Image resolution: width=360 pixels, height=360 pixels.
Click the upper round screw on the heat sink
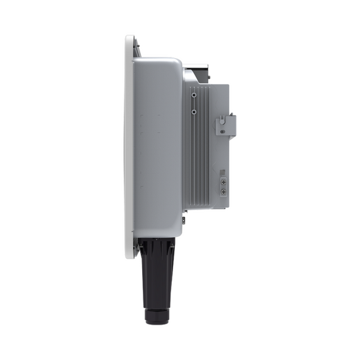193,95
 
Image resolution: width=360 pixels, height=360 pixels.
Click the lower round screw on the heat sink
193,111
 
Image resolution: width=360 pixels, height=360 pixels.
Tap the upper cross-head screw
223,182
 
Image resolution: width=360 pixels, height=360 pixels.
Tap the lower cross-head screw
223,191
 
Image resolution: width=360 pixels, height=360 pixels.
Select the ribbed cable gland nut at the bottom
155,315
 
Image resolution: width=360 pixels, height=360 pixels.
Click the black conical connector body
155,272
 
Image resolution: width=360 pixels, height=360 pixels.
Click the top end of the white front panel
130,39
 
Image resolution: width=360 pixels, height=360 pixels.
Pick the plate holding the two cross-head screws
223,186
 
